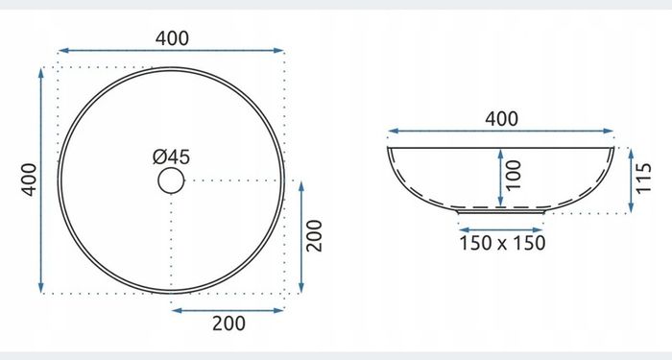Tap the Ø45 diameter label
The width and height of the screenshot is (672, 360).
tap(172, 156)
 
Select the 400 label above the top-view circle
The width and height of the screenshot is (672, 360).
tap(172, 38)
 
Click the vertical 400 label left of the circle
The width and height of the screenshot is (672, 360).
tap(30, 180)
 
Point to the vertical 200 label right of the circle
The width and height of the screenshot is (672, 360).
tap(314, 236)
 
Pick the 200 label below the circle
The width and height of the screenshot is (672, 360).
tap(228, 324)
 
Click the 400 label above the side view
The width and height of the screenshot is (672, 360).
tap(501, 119)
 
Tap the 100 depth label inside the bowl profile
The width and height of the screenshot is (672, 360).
tap(514, 175)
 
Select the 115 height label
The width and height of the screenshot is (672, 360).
tap(644, 179)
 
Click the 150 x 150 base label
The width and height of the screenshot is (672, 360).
tap(502, 243)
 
